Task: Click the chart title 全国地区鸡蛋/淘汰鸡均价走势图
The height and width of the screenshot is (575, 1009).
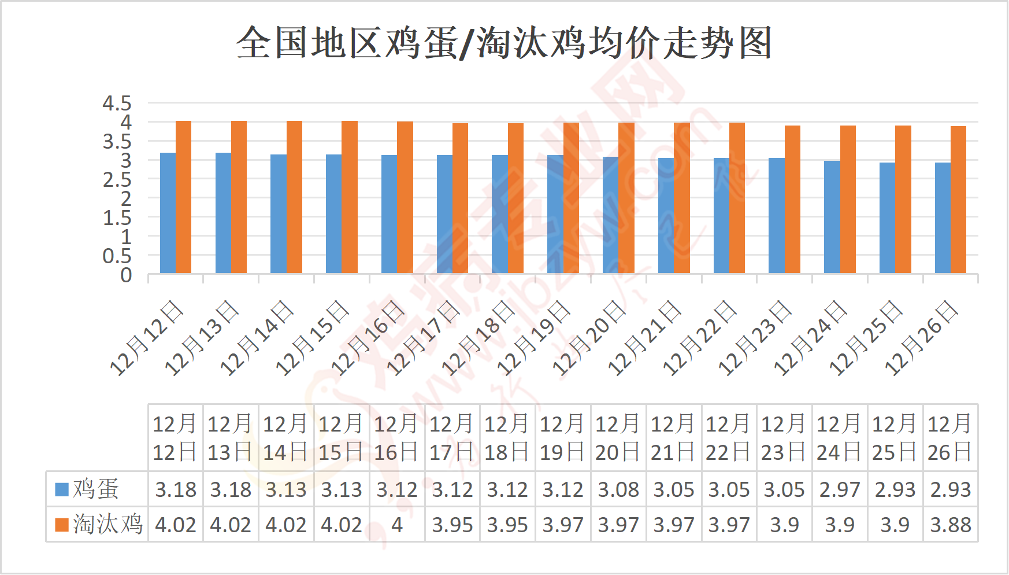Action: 504,43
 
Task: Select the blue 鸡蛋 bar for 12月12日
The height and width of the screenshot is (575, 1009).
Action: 168,213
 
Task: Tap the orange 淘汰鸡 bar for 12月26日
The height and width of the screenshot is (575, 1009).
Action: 958,200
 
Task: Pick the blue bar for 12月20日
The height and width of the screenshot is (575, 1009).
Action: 610,215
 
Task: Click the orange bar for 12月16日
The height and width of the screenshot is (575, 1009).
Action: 405,197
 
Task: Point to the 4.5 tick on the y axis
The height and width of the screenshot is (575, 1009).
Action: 117,104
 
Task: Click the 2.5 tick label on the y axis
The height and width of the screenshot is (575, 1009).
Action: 117,180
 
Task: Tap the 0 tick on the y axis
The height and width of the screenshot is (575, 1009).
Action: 126,275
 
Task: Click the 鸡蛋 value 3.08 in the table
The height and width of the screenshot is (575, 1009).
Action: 618,490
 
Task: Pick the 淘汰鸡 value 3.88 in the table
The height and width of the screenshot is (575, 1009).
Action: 950,525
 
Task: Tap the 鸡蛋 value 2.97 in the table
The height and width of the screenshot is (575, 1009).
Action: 839,490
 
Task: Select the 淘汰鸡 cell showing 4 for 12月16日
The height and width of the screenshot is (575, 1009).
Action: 396,525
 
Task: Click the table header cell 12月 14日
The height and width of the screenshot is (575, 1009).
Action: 285,438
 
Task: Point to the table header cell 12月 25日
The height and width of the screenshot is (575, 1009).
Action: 895,438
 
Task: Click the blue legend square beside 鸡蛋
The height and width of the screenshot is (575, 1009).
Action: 62,489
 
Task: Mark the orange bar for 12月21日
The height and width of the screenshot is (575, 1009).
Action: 682,198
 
